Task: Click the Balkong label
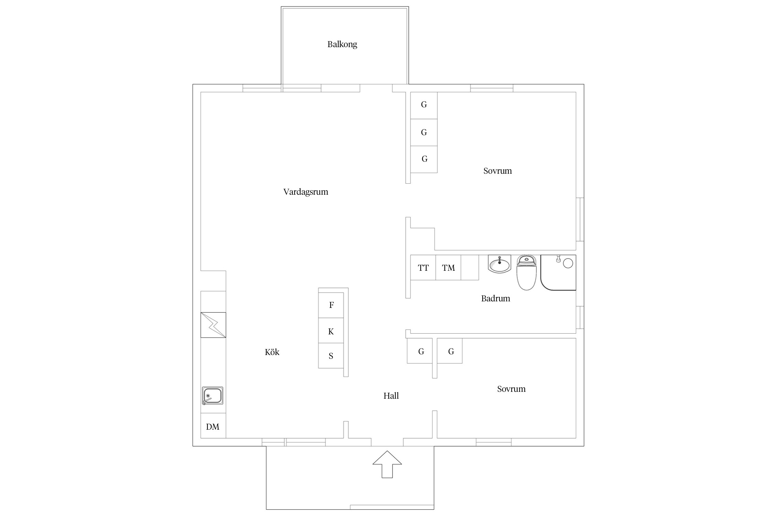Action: tap(342, 44)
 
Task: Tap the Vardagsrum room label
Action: tap(305, 192)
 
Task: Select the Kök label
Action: tap(272, 352)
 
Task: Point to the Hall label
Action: tap(391, 396)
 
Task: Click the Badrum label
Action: tap(495, 298)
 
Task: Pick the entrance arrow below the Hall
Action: tap(387, 464)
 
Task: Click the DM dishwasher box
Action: tap(213, 426)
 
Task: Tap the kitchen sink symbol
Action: tap(213, 396)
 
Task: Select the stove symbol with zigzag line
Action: tap(213, 325)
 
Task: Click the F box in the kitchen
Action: tap(331, 305)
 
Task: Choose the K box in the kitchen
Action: tap(331, 331)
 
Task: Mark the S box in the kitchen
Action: tap(331, 356)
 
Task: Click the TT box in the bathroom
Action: tap(423, 268)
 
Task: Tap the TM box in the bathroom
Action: tap(448, 268)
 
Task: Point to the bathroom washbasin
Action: tap(499, 264)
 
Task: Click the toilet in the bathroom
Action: tap(526, 272)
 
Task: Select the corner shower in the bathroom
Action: tap(558, 272)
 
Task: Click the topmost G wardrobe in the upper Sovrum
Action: tap(424, 105)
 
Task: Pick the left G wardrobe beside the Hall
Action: tap(420, 351)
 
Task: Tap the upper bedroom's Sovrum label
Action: tap(497, 171)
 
